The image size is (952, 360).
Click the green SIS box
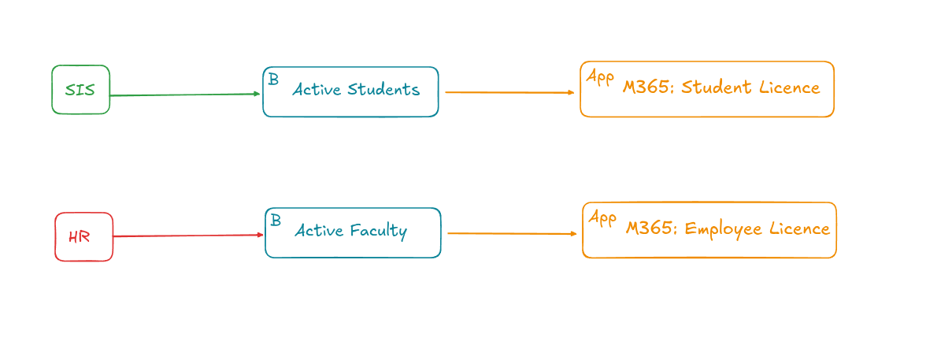[x=80, y=90]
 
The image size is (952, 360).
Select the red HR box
[x=83, y=236]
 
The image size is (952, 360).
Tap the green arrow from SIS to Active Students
[x=185, y=95]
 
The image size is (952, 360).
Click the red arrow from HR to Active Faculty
[x=187, y=236]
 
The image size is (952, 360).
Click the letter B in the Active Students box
[x=273, y=80]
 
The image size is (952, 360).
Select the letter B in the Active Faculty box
[x=276, y=221]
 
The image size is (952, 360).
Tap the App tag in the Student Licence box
[x=600, y=77]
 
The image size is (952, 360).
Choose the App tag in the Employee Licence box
[x=602, y=218]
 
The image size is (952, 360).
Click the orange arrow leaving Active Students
[x=509, y=92]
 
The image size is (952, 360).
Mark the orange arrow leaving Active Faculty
[x=512, y=233]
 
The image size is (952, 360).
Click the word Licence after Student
[x=790, y=87]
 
